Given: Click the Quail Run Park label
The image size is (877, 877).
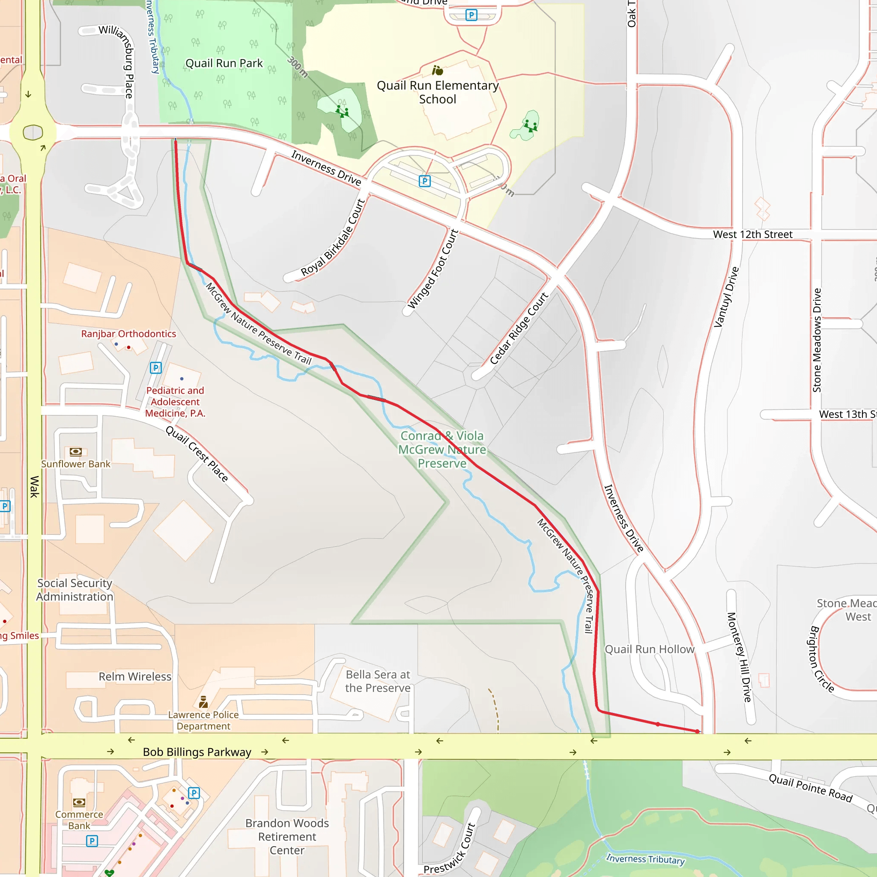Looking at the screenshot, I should (224, 63).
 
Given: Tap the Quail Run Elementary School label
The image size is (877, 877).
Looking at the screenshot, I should (438, 92).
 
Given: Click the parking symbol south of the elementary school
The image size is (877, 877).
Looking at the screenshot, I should (424, 181).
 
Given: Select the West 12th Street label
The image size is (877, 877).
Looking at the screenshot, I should (753, 234).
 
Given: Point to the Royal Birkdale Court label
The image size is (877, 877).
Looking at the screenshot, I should (333, 237).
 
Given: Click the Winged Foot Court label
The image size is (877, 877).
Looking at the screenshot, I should (433, 269).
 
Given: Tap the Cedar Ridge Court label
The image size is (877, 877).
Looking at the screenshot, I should (519, 328).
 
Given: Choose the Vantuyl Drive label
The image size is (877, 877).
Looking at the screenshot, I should (726, 297).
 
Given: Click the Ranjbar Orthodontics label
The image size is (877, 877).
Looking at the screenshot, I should (128, 334).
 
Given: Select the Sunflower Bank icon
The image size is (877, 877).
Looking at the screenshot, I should (76, 452).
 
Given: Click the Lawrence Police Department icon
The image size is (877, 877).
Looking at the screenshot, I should (203, 702).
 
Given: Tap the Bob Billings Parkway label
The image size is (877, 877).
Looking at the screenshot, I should (197, 752).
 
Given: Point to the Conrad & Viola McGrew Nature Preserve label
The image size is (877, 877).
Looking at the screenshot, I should (441, 449).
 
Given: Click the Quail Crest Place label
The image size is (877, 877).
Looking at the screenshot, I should (197, 453).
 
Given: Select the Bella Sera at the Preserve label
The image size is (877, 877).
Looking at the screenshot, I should (378, 681).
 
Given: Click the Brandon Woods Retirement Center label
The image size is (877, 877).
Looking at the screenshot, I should (287, 837).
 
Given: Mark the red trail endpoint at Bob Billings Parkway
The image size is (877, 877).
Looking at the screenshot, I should (698, 731).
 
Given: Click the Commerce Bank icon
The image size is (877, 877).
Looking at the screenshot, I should (79, 802).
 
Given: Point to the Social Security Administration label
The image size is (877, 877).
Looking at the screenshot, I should (75, 590).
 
